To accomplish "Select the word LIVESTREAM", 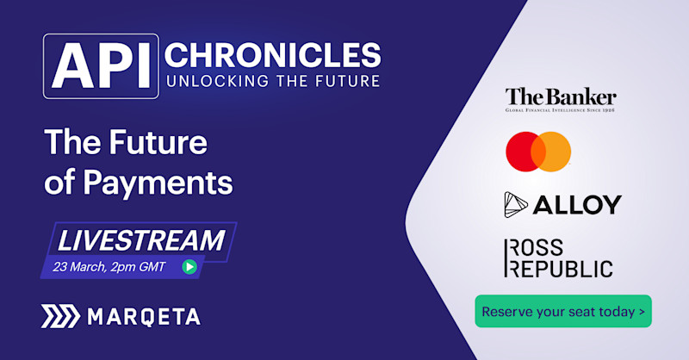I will pos(140,240).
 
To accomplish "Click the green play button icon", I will pos(189,266).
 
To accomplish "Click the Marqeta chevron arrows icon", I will pos(59,316).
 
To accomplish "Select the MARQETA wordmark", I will pos(144,317).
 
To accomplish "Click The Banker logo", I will pos(561,96).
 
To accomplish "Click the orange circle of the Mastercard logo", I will pos(551,152).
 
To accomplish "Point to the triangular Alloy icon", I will pos(517,204).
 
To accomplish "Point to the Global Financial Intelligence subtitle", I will pos(561,109).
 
